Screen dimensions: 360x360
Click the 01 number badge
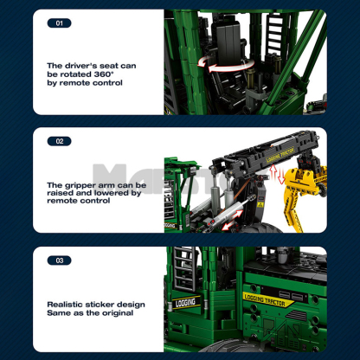tap(59, 23)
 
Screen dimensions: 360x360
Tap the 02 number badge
tap(59, 140)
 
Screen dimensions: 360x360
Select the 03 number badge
tap(59, 259)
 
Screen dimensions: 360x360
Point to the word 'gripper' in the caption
tap(82, 185)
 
